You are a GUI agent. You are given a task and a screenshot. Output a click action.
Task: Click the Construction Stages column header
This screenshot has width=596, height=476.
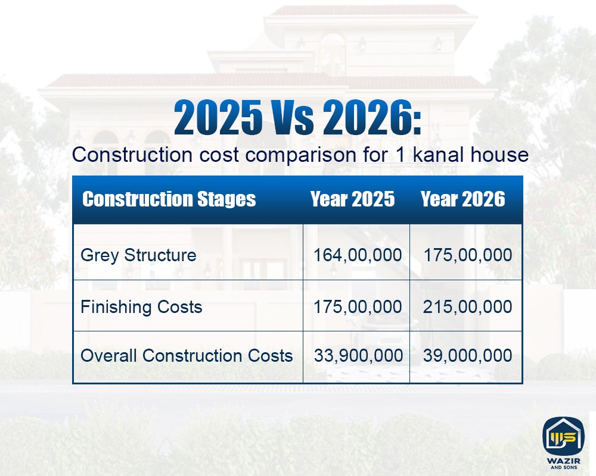(x=169, y=199)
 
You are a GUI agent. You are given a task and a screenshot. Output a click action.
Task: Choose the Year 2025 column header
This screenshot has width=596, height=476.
(x=352, y=199)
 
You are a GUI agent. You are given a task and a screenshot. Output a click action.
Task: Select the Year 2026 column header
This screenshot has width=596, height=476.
(x=462, y=199)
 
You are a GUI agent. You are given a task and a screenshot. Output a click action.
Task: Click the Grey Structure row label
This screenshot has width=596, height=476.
(x=138, y=255)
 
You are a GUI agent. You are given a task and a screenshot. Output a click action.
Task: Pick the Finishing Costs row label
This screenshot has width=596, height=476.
(x=141, y=307)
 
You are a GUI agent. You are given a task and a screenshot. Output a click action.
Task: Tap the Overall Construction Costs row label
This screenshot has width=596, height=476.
(x=187, y=356)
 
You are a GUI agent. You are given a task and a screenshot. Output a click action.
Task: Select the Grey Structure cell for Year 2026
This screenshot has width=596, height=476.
(x=467, y=255)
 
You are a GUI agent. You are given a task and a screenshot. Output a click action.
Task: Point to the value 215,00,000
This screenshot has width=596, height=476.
(x=467, y=307)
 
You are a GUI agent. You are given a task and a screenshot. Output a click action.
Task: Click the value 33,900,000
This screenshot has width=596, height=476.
(x=358, y=356)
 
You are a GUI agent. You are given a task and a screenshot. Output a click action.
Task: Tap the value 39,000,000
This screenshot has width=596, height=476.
(x=467, y=356)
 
